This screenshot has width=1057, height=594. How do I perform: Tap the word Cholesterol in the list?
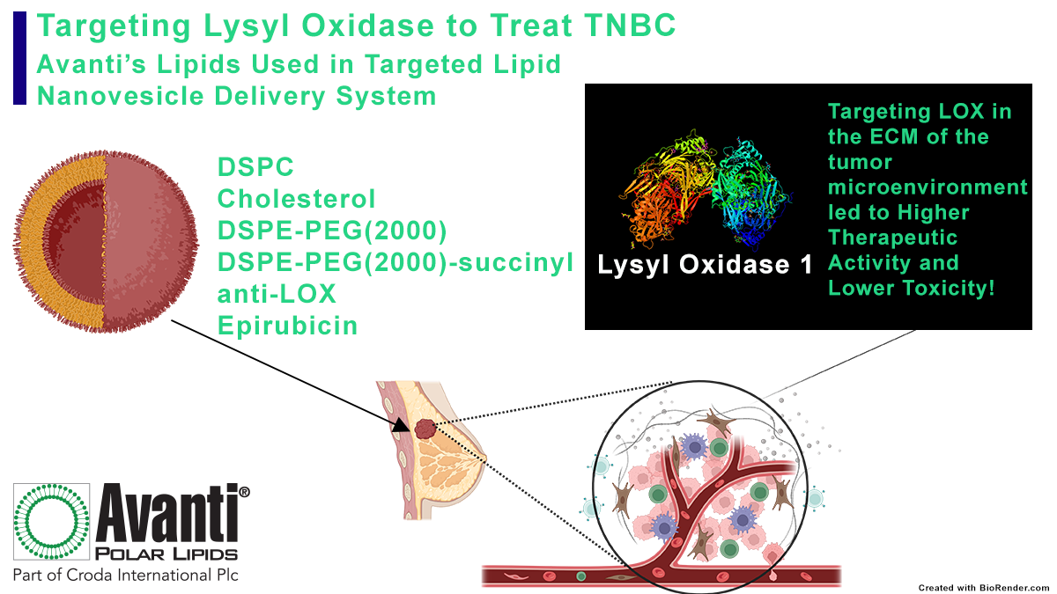tap(297, 199)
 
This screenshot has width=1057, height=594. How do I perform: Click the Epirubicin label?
tap(288, 326)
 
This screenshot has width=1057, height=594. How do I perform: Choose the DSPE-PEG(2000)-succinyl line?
tap(395, 262)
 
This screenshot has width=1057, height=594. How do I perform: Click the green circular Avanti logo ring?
tap(50, 524)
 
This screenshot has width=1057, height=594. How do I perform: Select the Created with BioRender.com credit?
tap(983, 587)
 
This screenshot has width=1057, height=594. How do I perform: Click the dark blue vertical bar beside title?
tap(19, 56)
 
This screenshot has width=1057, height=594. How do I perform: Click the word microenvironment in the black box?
tap(928, 187)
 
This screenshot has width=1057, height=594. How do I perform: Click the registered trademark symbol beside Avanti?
tap(245, 490)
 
